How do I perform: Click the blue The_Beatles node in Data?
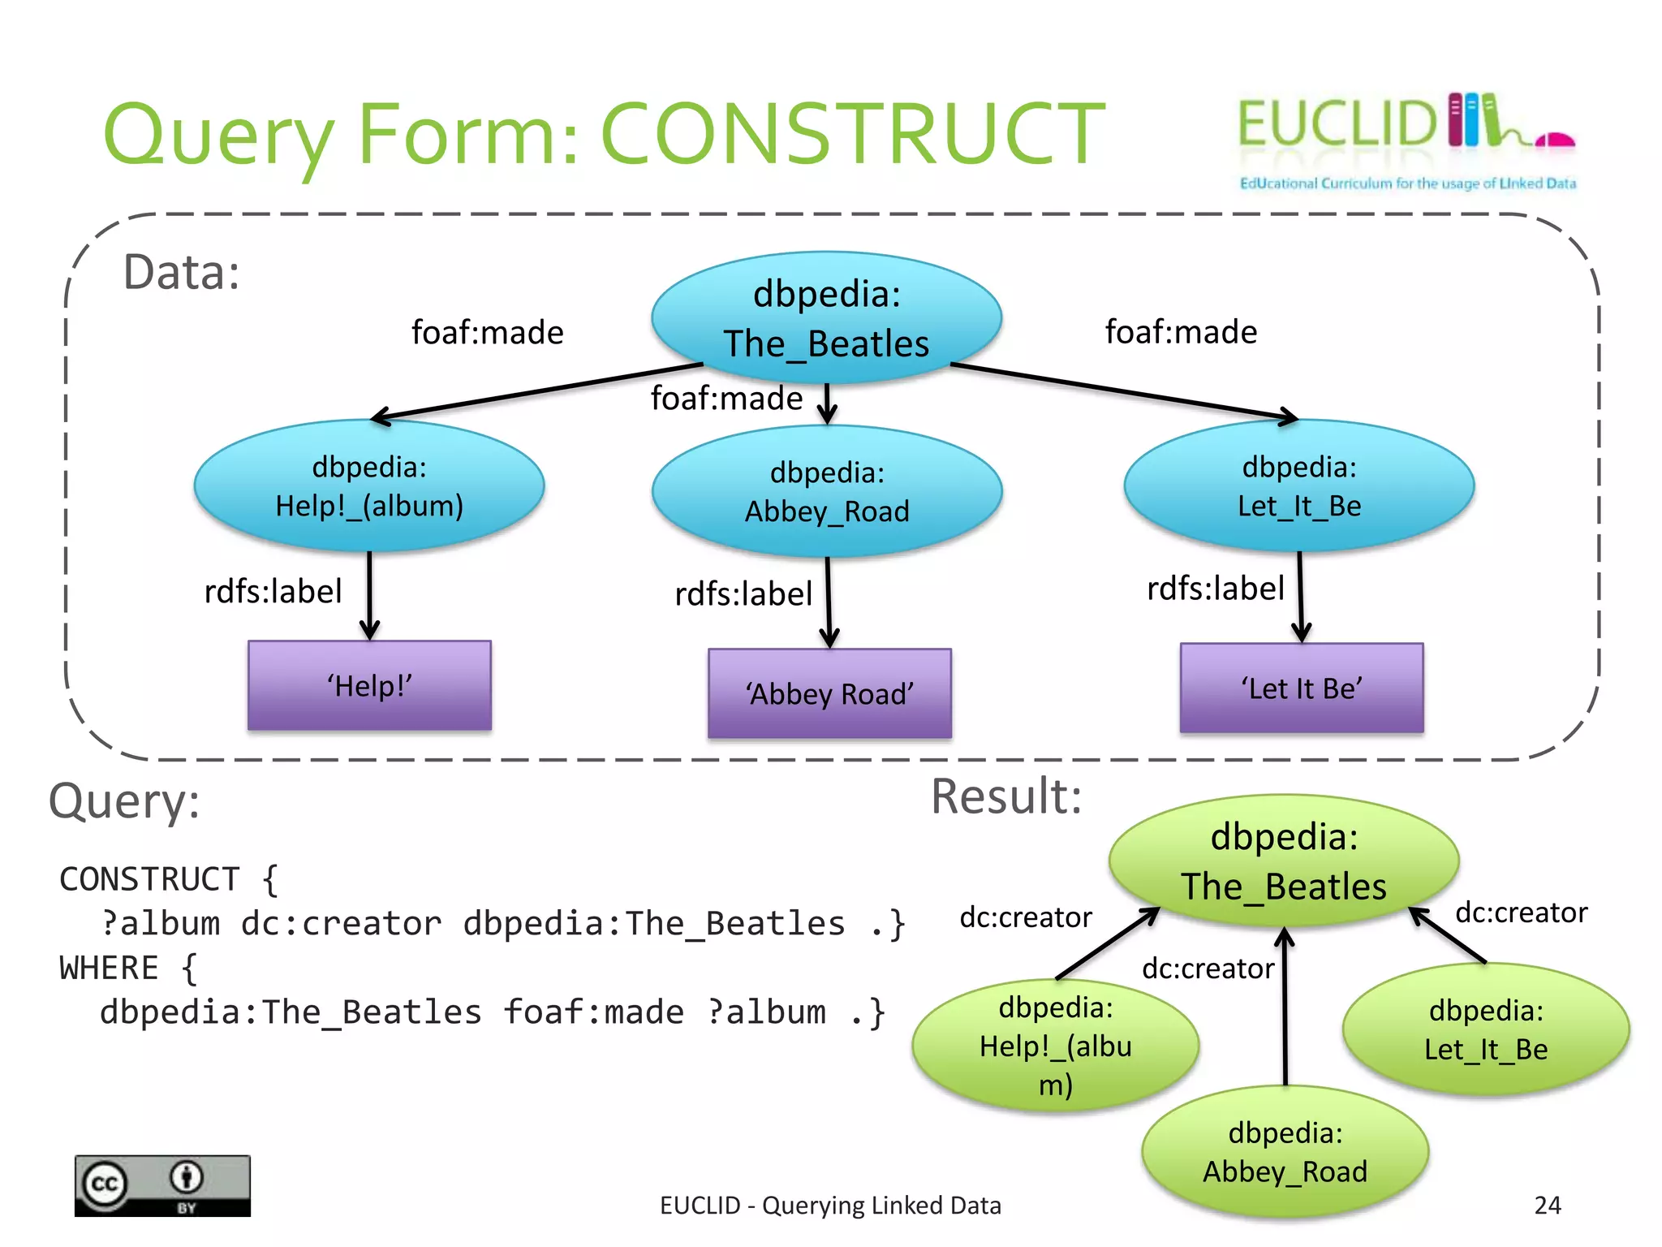pyautogui.click(x=826, y=318)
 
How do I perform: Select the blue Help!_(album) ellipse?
pyautogui.click(x=369, y=486)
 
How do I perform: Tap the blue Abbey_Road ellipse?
pyautogui.click(x=827, y=492)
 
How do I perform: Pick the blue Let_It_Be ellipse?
pyautogui.click(x=1298, y=486)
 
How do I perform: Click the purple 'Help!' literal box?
pyautogui.click(x=369, y=686)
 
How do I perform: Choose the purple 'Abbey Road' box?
pyautogui.click(x=829, y=694)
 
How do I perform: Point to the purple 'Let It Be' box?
pyautogui.click(x=1301, y=688)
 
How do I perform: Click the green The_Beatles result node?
pyautogui.click(x=1284, y=861)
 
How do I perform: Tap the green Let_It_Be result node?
pyautogui.click(x=1486, y=1029)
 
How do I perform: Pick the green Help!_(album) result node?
pyautogui.click(x=1055, y=1046)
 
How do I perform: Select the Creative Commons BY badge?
pyautogui.click(x=162, y=1186)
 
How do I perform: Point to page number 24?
pyautogui.click(x=1548, y=1205)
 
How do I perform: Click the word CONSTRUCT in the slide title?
pyautogui.click(x=852, y=134)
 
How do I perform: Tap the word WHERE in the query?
pyautogui.click(x=109, y=969)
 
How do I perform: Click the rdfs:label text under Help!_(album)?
pyautogui.click(x=273, y=591)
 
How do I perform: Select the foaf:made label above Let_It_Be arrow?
pyautogui.click(x=1181, y=332)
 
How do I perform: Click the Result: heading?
pyautogui.click(x=1006, y=796)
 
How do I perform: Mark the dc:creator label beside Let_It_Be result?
pyautogui.click(x=1521, y=913)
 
